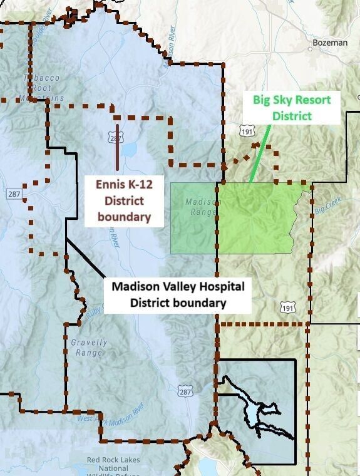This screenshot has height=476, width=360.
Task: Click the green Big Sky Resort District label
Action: (x=292, y=108)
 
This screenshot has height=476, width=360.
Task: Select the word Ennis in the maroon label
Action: (x=110, y=185)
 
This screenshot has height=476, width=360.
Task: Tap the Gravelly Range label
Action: (x=89, y=348)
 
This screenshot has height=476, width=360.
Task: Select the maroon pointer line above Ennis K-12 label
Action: (x=117, y=147)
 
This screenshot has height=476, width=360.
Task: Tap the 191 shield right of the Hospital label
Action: (x=287, y=307)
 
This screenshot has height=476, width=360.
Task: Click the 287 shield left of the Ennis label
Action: (x=14, y=194)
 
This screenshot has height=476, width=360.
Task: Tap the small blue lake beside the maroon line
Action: (x=129, y=150)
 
